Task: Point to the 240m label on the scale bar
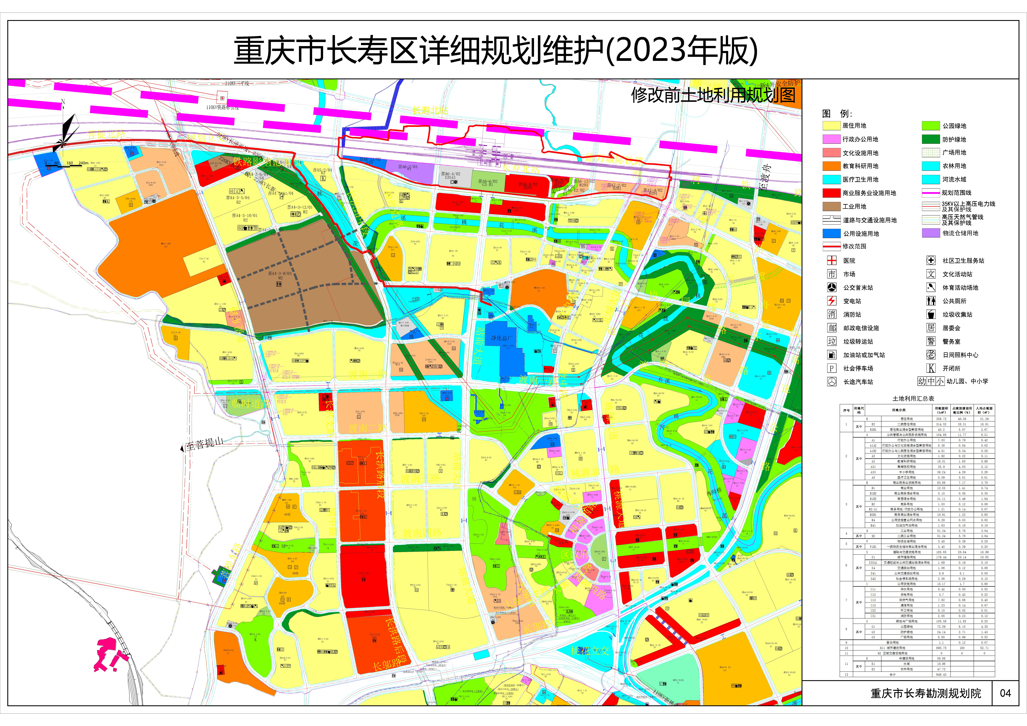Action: tap(83, 163)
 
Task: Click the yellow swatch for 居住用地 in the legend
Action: tap(831, 126)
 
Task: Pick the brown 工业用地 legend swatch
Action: tap(831, 206)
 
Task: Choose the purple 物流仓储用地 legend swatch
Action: tap(931, 233)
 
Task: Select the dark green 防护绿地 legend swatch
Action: tap(931, 139)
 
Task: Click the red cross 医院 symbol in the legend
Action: tap(831, 260)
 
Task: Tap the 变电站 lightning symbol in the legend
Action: tap(831, 301)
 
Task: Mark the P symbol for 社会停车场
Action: tap(831, 368)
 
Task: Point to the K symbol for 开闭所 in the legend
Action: tap(931, 368)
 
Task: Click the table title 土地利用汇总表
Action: tap(913, 398)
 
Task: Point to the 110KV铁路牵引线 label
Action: tap(222, 107)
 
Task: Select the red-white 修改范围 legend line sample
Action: tap(831, 246)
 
